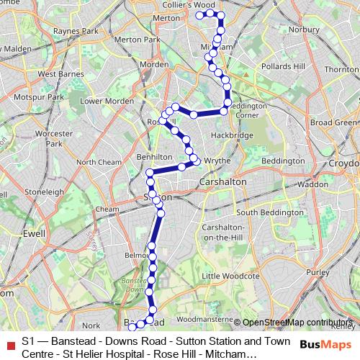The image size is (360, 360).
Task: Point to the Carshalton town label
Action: coord(222,182)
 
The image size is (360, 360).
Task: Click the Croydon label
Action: coord(344,163)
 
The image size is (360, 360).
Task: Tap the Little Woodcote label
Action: coord(230,276)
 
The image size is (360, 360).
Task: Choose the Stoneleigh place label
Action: coord(45,192)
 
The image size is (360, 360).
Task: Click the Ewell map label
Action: coord(33,233)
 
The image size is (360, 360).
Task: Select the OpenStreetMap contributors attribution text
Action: coord(297,323)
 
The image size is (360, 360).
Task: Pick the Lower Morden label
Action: coord(107,102)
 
